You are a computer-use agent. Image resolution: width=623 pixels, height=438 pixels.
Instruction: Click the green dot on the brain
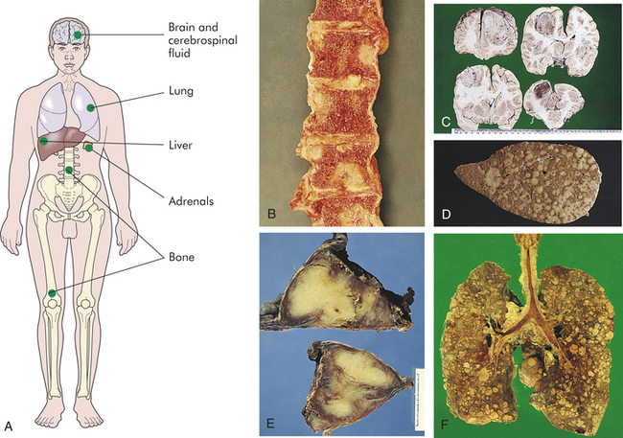pos(78,35)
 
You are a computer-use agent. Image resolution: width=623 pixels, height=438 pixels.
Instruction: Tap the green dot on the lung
pos(91,107)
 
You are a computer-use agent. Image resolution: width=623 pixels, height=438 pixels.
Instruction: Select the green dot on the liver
pos(44,141)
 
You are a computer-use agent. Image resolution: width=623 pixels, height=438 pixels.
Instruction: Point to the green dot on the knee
pos(52,293)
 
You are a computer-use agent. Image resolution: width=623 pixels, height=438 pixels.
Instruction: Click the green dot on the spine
pos(69,170)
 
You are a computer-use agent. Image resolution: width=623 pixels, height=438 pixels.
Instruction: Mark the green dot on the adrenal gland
pos(89,148)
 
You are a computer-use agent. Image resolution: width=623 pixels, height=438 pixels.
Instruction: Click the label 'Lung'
pos(181,91)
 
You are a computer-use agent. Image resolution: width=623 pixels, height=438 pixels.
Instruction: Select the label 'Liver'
pos(180,145)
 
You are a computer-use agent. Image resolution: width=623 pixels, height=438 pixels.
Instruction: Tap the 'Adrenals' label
pos(191,201)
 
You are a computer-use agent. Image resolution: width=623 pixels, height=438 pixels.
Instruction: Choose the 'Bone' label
pos(181,257)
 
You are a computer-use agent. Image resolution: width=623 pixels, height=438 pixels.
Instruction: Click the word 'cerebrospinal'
pos(202,40)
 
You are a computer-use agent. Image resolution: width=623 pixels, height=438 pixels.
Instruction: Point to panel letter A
pos(9,426)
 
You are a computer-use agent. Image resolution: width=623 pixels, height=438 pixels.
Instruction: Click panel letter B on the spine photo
pos(272,214)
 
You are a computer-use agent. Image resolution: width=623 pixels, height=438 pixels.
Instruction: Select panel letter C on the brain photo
pos(446,121)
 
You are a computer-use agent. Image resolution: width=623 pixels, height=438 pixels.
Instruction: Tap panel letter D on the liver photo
pos(446,214)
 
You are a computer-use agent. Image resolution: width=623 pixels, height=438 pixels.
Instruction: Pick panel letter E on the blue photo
pos(270,424)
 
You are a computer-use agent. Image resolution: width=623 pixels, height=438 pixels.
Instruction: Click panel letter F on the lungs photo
pos(445,426)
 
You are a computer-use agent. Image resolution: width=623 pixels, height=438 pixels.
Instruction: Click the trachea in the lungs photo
pos(528,270)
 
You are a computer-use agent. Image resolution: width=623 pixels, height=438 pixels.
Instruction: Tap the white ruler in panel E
pos(419,399)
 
